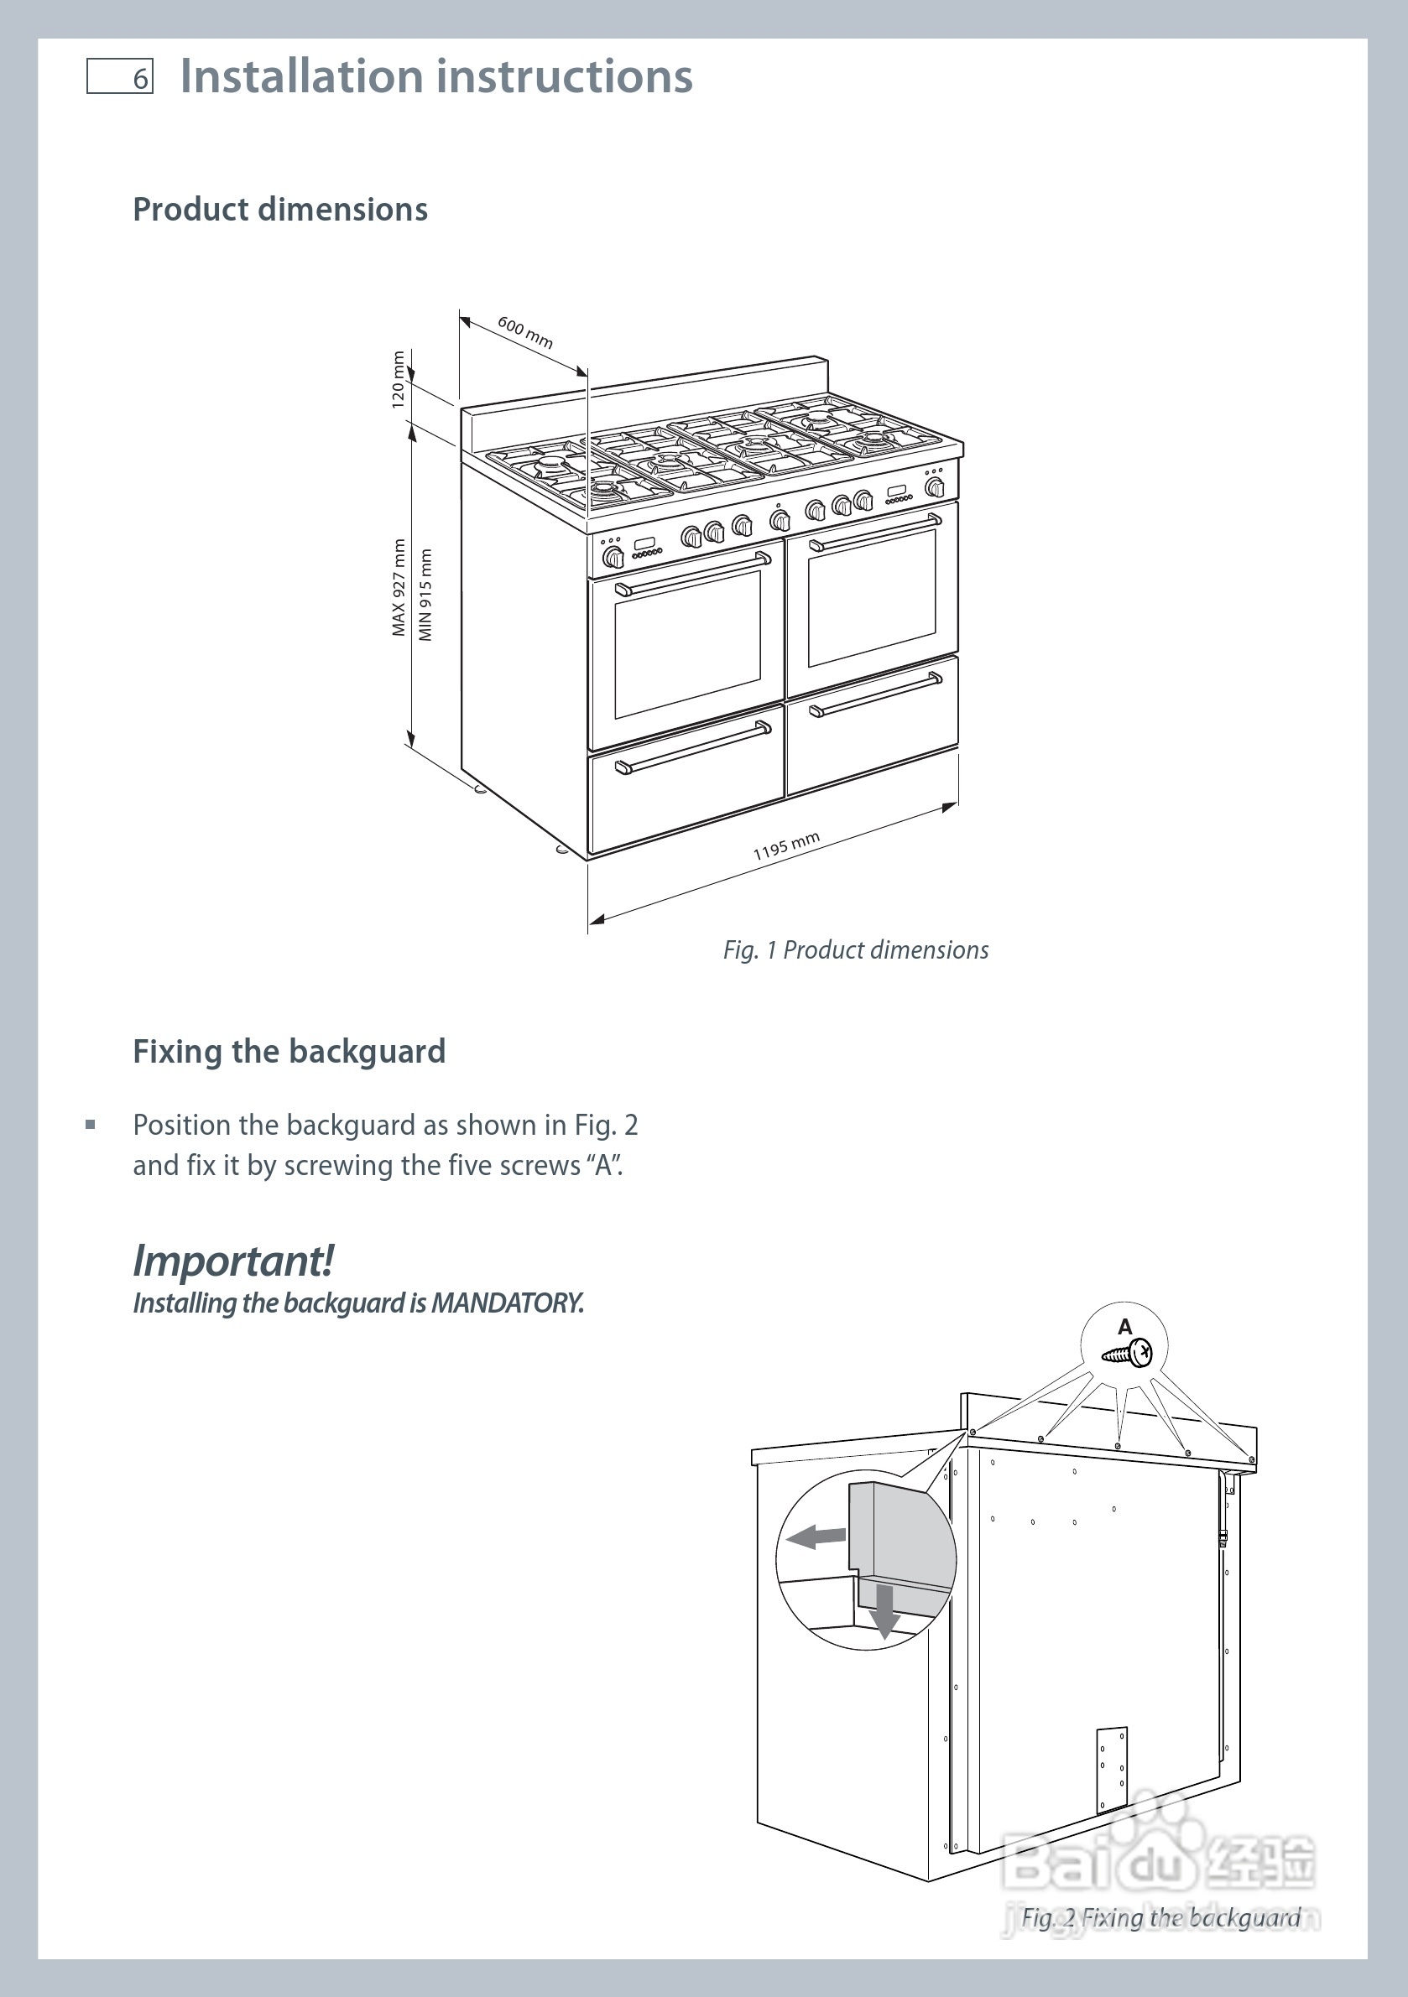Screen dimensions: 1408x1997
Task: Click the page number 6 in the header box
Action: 141,79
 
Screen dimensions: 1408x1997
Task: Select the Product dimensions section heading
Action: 280,210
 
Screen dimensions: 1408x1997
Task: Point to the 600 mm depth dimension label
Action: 525,332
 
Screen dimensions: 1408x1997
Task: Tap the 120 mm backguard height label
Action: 398,380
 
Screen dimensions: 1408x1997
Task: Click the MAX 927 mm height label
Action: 399,588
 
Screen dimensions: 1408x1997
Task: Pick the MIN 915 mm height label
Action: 425,595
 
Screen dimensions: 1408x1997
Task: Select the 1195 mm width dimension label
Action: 787,845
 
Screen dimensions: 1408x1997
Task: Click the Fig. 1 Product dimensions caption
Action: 855,949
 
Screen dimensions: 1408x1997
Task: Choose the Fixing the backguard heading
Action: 289,1052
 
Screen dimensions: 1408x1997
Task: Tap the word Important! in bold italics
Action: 233,1261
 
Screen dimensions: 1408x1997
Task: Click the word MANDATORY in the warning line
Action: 506,1303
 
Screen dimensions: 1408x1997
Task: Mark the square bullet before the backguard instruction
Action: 91,1125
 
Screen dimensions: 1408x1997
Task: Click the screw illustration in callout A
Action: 1127,1354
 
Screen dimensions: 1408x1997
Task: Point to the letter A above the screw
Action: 1125,1327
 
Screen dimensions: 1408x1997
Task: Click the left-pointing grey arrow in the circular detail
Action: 816,1537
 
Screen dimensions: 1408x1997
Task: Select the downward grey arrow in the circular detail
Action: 885,1612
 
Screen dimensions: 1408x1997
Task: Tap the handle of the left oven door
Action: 693,573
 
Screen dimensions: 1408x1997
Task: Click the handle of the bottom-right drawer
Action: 875,694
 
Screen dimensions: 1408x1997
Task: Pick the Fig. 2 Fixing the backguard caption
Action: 1160,1918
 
